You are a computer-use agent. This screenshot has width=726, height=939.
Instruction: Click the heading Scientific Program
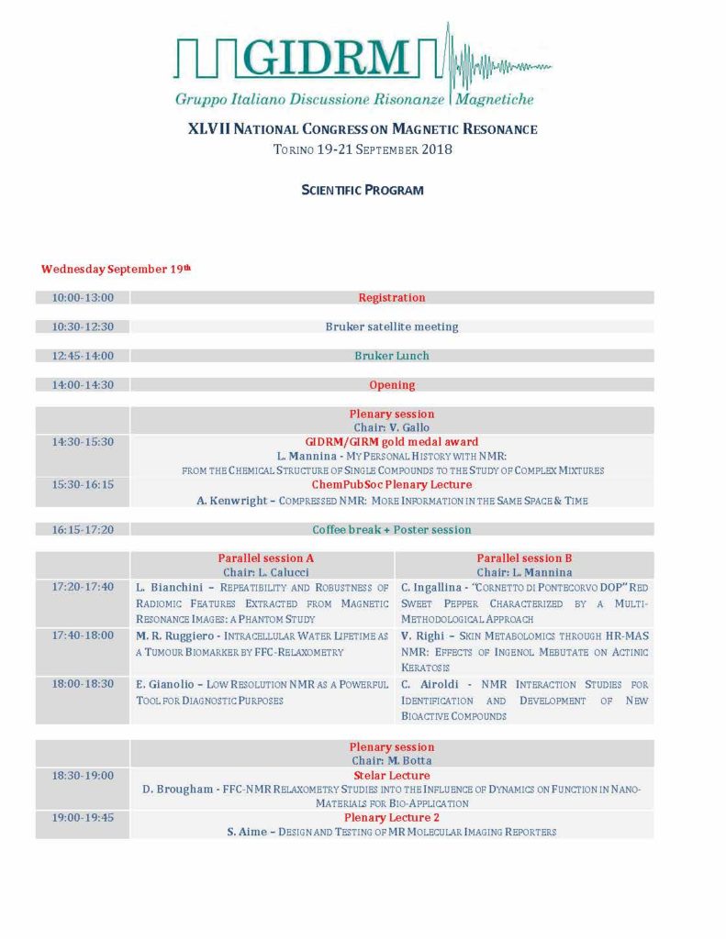[363, 190]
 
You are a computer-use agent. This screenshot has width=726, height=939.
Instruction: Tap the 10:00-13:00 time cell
[83, 297]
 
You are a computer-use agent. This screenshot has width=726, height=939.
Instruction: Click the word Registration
[392, 297]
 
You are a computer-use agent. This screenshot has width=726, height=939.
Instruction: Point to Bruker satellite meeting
[392, 326]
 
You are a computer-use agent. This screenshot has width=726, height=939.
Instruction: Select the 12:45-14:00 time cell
[83, 356]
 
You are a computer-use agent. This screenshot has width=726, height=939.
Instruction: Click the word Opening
[392, 385]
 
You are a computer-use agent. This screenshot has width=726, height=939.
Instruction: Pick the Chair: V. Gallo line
[392, 427]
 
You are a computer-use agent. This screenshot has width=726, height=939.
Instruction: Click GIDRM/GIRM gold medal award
[392, 441]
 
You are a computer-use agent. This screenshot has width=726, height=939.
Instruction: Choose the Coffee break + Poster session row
[392, 530]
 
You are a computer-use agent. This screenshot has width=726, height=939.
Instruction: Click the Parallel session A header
[262, 558]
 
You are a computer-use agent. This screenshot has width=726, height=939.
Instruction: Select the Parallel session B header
[524, 558]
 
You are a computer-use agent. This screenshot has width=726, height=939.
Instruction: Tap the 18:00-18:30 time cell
[83, 684]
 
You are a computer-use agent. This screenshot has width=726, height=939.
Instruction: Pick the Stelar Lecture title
[392, 776]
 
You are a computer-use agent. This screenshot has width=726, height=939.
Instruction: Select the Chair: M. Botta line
[392, 761]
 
